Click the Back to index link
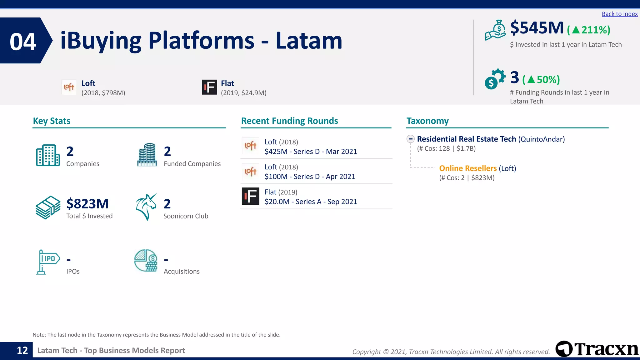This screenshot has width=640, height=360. pyautogui.click(x=619, y=14)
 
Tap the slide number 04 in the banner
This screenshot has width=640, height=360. pyautogui.click(x=23, y=42)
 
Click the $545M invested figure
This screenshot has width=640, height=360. pyautogui.click(x=537, y=28)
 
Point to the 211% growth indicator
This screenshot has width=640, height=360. pyautogui.click(x=588, y=30)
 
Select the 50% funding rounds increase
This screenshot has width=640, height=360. pyautogui.click(x=541, y=80)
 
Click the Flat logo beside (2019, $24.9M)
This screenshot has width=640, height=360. pyautogui.click(x=209, y=87)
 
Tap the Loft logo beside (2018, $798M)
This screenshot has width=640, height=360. pyautogui.click(x=69, y=87)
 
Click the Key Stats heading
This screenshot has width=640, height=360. pyautogui.click(x=52, y=121)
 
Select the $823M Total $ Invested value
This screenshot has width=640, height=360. pyautogui.click(x=87, y=204)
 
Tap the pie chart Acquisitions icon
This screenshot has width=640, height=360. pyautogui.click(x=146, y=261)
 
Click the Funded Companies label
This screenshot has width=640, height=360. pyautogui.click(x=192, y=164)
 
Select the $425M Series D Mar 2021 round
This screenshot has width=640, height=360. pyautogui.click(x=310, y=152)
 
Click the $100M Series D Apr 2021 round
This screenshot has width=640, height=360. pyautogui.click(x=309, y=177)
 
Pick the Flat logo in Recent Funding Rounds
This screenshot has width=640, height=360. pyautogui.click(x=250, y=196)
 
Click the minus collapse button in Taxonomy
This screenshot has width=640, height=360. pyautogui.click(x=410, y=139)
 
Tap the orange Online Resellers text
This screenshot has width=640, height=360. pyautogui.click(x=467, y=168)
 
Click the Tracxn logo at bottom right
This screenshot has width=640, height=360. pyautogui.click(x=596, y=349)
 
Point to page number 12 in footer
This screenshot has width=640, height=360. pyautogui.click(x=22, y=350)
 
